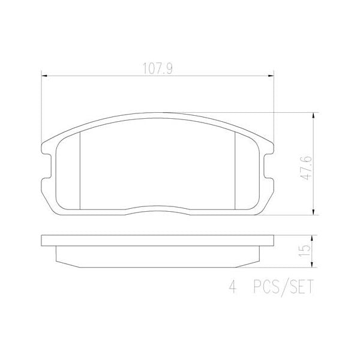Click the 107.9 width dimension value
(157, 68)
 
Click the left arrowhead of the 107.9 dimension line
(43, 75)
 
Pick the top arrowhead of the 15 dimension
(314, 236)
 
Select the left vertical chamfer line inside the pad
(80, 171)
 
